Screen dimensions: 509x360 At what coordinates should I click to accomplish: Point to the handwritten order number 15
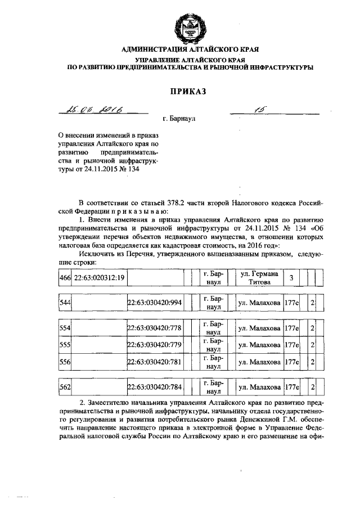tap(259, 111)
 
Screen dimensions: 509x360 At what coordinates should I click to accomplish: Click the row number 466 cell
tap(64, 277)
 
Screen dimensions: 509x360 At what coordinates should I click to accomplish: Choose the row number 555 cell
tap(64, 345)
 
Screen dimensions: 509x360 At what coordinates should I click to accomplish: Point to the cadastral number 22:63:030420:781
tap(155, 362)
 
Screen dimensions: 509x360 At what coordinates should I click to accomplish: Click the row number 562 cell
tap(64, 387)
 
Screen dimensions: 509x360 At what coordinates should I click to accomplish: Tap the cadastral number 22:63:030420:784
tap(155, 387)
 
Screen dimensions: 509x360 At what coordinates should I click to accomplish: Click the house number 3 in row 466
tap(291, 277)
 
